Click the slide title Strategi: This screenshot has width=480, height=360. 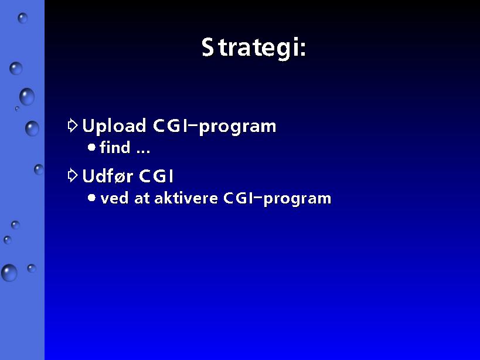(254, 48)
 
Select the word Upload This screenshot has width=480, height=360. (114, 126)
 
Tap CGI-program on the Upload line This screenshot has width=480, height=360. (215, 126)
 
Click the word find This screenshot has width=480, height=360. (115, 147)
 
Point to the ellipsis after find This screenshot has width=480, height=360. (143, 151)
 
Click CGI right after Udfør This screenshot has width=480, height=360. (156, 176)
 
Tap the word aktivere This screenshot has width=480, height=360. (186, 198)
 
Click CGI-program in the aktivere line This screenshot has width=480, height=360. (277, 199)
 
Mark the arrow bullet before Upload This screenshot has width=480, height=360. (73, 125)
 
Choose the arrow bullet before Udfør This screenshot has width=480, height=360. (73, 175)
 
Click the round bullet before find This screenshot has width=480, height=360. (91, 148)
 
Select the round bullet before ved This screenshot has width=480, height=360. (91, 198)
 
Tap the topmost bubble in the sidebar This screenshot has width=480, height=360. (22, 18)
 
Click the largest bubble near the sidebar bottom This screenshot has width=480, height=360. (9, 273)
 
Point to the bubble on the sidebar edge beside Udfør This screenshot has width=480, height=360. (39, 169)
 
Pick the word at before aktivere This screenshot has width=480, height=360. (141, 199)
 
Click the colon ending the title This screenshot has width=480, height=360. (303, 49)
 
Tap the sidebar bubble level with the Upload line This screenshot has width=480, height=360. (32, 128)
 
